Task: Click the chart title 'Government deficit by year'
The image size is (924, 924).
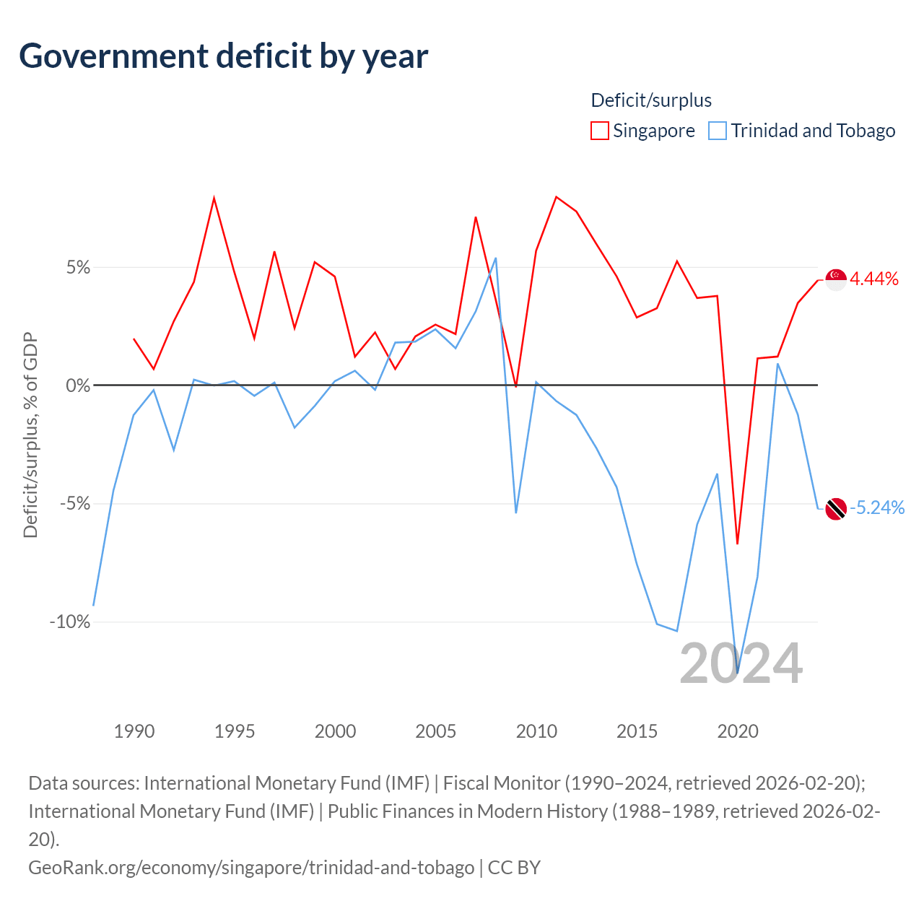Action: (223, 56)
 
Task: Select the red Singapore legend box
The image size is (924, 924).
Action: (599, 131)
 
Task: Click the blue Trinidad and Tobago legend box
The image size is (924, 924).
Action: (718, 131)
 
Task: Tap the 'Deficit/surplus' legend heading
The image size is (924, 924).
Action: (650, 100)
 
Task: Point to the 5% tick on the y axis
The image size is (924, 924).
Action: (78, 267)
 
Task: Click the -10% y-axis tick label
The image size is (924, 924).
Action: (70, 622)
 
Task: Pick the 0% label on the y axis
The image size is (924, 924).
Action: (78, 385)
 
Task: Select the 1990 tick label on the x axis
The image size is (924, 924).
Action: (134, 731)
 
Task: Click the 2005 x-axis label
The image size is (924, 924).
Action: (435, 731)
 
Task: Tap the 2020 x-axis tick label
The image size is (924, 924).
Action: (738, 731)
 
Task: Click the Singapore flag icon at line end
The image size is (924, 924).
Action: (836, 280)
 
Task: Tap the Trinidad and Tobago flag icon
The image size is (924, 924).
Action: (836, 509)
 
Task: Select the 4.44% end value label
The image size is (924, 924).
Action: (873, 279)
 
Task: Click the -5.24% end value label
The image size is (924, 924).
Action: (877, 507)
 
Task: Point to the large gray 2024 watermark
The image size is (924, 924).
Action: (741, 663)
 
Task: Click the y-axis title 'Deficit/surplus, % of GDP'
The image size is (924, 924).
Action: (31, 435)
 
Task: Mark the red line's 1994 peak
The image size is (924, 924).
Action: (214, 198)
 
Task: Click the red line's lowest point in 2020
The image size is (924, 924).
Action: (738, 544)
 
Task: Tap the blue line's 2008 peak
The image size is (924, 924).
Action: (496, 258)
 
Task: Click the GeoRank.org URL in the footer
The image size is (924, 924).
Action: (251, 868)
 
